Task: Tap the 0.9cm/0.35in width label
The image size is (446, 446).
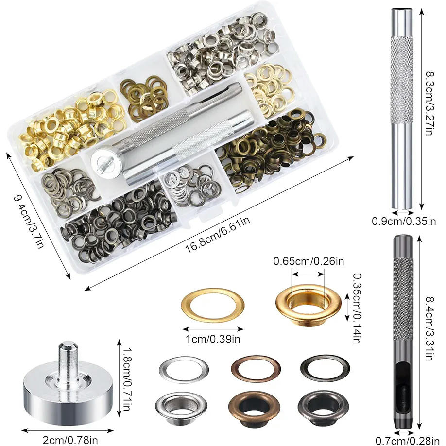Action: (x=404, y=221)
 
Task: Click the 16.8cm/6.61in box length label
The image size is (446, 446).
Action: (x=218, y=234)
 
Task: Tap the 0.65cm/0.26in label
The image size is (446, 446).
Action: (x=309, y=261)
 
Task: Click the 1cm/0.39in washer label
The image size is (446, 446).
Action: (x=213, y=339)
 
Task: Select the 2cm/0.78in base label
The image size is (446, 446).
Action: (x=70, y=440)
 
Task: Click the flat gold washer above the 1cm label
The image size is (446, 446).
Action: (x=212, y=305)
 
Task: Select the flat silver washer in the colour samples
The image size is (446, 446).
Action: (x=184, y=370)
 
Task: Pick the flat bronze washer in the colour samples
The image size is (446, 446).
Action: (x=256, y=369)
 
